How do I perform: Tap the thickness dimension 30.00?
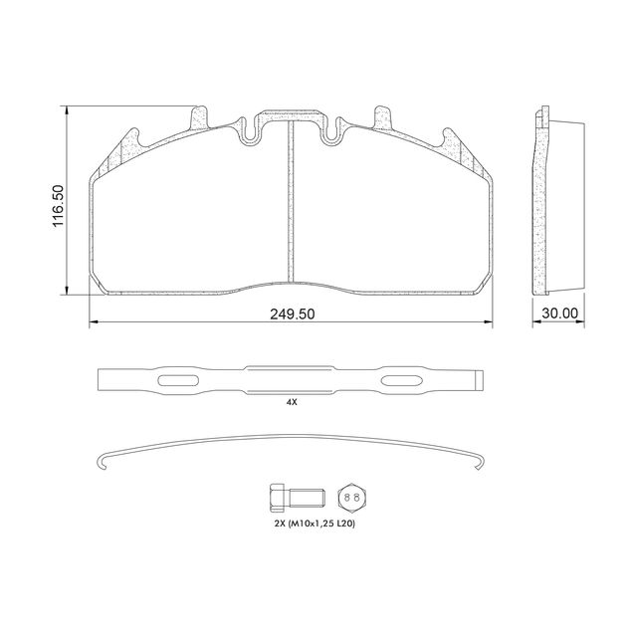click(x=559, y=313)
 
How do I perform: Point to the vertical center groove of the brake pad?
click(x=292, y=199)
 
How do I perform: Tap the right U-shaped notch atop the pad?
click(x=331, y=128)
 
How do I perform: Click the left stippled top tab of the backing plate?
click(x=200, y=119)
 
